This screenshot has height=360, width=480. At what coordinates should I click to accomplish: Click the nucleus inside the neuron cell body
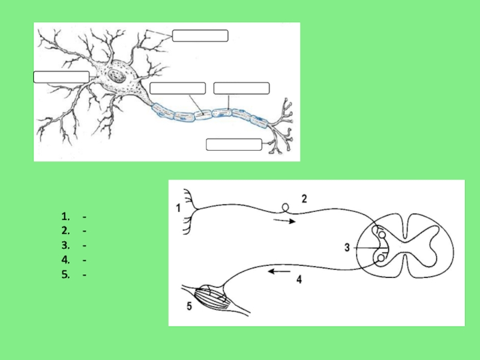point(116,76)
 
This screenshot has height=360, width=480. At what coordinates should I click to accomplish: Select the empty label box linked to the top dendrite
point(200,35)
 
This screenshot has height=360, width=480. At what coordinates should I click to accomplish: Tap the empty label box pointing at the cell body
point(61,77)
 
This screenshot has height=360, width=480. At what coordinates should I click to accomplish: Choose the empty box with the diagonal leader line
point(178,88)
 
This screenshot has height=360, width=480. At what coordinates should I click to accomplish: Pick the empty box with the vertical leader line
point(242,88)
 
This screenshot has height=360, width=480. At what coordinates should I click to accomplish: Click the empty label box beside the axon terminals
point(234,145)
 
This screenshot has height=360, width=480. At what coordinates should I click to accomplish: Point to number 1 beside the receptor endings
point(178,208)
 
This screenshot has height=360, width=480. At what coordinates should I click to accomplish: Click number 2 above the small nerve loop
point(304,199)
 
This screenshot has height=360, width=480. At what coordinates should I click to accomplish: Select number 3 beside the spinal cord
point(347,247)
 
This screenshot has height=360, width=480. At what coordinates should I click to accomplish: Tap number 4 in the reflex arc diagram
point(299,279)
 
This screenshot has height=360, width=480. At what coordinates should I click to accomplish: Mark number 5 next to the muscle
point(189,306)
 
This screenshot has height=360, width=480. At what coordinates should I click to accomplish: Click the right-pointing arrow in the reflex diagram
point(284,221)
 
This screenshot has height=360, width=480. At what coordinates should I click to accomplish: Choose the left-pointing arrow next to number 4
point(279,271)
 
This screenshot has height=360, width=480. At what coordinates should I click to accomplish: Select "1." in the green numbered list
point(65,217)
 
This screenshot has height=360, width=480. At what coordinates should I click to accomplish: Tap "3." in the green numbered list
point(65,245)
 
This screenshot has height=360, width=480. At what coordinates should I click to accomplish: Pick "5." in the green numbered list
point(65,275)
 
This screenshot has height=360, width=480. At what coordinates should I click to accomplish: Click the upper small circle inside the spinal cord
point(382,235)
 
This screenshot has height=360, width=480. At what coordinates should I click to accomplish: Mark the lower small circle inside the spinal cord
point(381,259)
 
